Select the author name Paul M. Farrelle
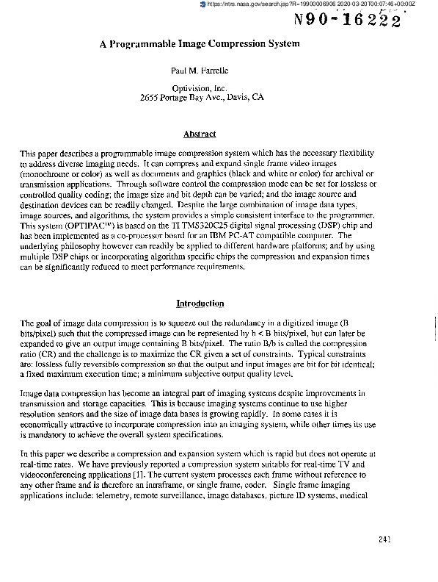(200, 73)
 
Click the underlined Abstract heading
(200, 134)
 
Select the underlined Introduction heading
(200, 303)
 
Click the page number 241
(388, 539)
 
